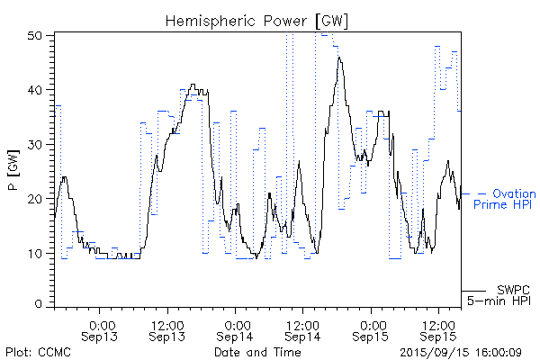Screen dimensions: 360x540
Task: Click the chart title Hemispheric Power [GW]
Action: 256,19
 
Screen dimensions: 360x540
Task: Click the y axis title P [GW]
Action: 13,170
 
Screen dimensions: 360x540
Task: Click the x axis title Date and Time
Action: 257,352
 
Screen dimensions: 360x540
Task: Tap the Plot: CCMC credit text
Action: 33,352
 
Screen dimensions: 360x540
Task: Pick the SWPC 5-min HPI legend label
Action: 500,294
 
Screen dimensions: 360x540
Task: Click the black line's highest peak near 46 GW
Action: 339,57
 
